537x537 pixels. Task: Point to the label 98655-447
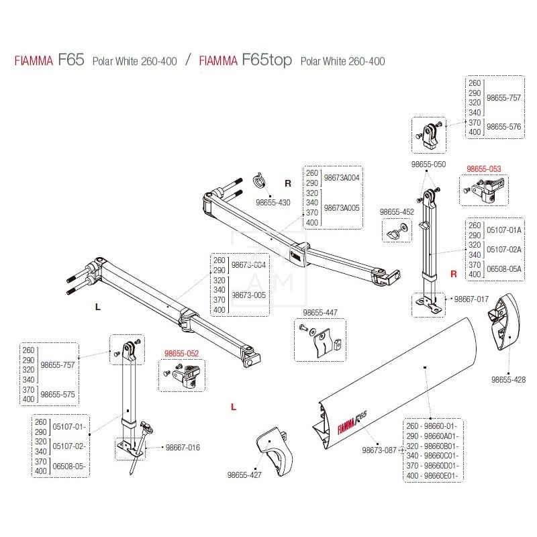[320, 312]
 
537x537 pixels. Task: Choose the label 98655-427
[244, 475]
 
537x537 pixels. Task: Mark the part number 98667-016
[183, 447]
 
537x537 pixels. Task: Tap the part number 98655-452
[397, 211]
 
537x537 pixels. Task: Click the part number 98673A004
[342, 178]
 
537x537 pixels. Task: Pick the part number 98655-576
[504, 126]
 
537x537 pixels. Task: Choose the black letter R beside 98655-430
[287, 183]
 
